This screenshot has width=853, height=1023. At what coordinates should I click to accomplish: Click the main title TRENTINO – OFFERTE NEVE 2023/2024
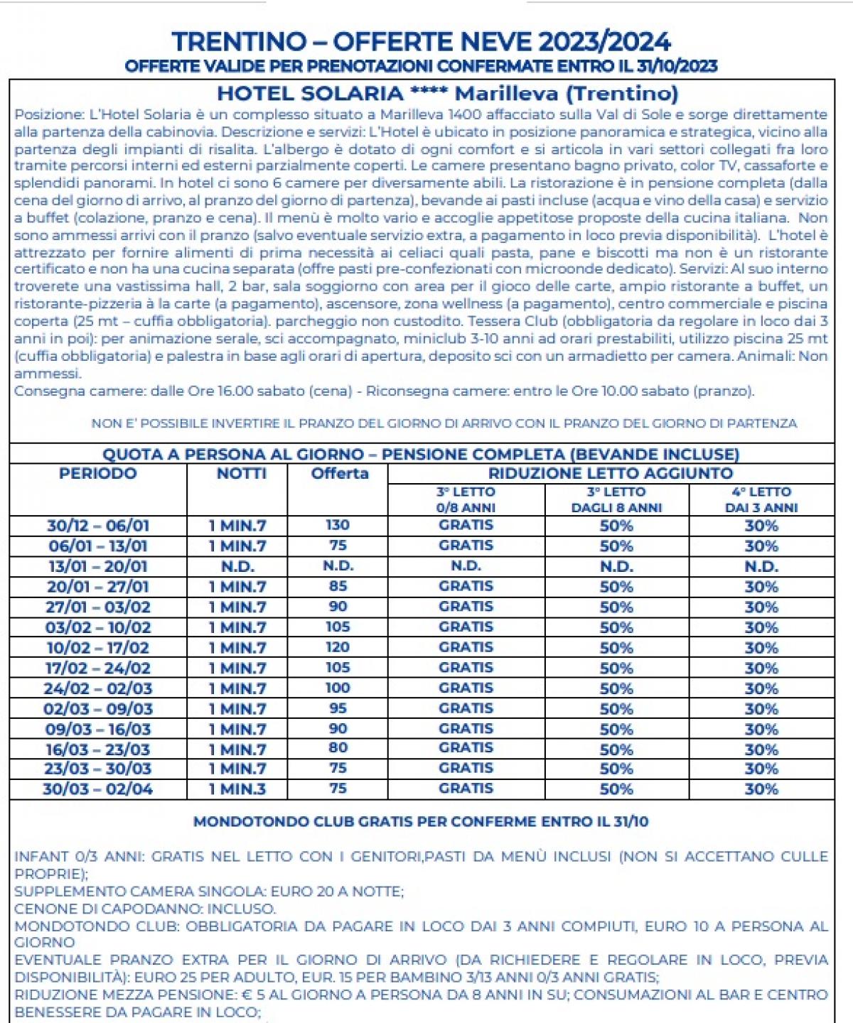[x=421, y=42]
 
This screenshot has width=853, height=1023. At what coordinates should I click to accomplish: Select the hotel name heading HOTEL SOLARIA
[x=447, y=93]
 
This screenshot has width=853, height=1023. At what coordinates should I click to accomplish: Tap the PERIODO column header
[x=97, y=474]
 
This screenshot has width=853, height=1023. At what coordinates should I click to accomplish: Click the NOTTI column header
[x=241, y=474]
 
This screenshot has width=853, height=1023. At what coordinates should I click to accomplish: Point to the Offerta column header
[x=339, y=474]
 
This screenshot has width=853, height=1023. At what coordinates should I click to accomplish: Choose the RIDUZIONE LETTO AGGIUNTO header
[x=610, y=474]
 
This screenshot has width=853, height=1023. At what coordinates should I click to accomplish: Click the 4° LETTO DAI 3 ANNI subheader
[x=761, y=499]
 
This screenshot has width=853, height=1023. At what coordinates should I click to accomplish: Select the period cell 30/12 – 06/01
[x=98, y=526]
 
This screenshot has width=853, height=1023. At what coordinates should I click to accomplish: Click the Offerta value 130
[x=338, y=525]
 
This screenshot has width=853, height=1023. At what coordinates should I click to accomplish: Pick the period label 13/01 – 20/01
[x=98, y=567]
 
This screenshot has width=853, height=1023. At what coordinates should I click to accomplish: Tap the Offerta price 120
[x=338, y=647]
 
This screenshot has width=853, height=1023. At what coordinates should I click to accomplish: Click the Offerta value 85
[x=338, y=587]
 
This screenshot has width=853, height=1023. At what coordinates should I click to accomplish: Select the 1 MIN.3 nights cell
[x=237, y=789]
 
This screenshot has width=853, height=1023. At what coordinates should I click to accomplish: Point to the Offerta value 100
[x=338, y=688]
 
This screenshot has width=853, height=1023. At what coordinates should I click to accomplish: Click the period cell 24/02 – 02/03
[x=98, y=688]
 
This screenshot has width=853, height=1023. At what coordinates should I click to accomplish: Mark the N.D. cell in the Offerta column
[x=338, y=566]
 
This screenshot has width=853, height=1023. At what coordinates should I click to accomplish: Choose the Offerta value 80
[x=338, y=748]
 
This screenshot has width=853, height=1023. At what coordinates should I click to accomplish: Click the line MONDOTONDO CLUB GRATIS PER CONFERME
[x=421, y=822]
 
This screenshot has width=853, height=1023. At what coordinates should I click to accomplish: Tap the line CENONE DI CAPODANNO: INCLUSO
[x=145, y=909]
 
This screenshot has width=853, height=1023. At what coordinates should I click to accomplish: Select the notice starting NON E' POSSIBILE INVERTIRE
[x=444, y=423]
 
